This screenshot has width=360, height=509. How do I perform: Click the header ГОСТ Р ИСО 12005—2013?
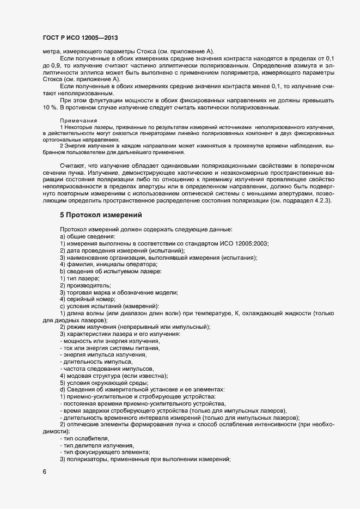point(80,38)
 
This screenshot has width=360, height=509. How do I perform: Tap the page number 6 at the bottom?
point(44,472)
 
